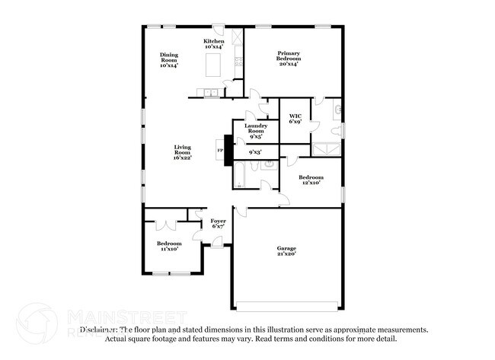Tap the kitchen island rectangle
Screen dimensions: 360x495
pyautogui.click(x=213, y=68)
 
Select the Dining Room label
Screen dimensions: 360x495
pyautogui.click(x=168, y=59)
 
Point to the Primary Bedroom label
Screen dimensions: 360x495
pyautogui.click(x=288, y=58)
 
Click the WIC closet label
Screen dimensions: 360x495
pyautogui.click(x=295, y=118)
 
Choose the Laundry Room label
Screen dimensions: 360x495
pyautogui.click(x=255, y=130)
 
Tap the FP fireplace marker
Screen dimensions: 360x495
pyautogui.click(x=221, y=151)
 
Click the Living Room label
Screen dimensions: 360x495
pyautogui.click(x=183, y=151)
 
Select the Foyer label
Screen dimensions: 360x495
pyautogui.click(x=218, y=223)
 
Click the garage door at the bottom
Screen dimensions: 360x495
pyautogui.click(x=286, y=306)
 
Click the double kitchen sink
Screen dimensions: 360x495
pyautogui.click(x=208, y=94)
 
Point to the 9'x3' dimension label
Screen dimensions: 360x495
pyautogui.click(x=255, y=152)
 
